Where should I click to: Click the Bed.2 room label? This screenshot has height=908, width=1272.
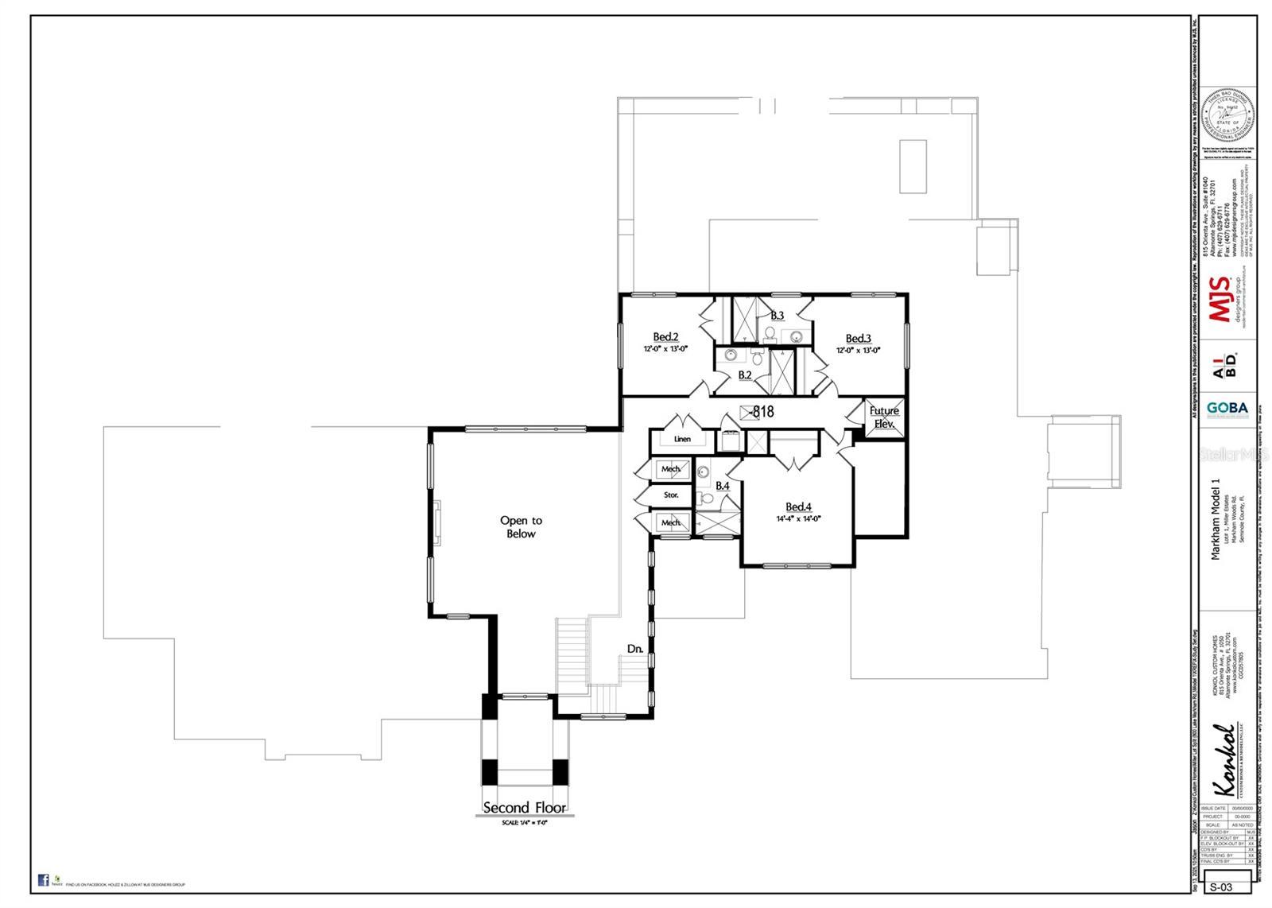(x=665, y=336)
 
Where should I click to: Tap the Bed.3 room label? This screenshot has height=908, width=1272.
(x=858, y=339)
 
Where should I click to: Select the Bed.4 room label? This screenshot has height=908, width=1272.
(x=798, y=507)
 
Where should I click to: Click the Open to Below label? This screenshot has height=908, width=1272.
(x=521, y=527)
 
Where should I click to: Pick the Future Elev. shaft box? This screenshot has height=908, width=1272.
(x=883, y=417)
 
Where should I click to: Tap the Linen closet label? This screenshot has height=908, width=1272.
(x=682, y=439)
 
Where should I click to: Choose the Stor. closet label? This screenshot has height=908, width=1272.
(x=672, y=495)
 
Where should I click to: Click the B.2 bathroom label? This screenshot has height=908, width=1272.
(x=745, y=374)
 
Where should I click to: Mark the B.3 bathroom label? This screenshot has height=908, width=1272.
(x=777, y=316)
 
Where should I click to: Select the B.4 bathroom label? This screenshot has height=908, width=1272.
(x=722, y=486)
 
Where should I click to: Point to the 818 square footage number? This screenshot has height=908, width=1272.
(x=762, y=412)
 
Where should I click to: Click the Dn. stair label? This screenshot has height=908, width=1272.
(x=634, y=649)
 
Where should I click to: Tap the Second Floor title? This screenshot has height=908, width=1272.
(x=525, y=808)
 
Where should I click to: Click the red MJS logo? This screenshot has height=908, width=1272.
(x=1220, y=299)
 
